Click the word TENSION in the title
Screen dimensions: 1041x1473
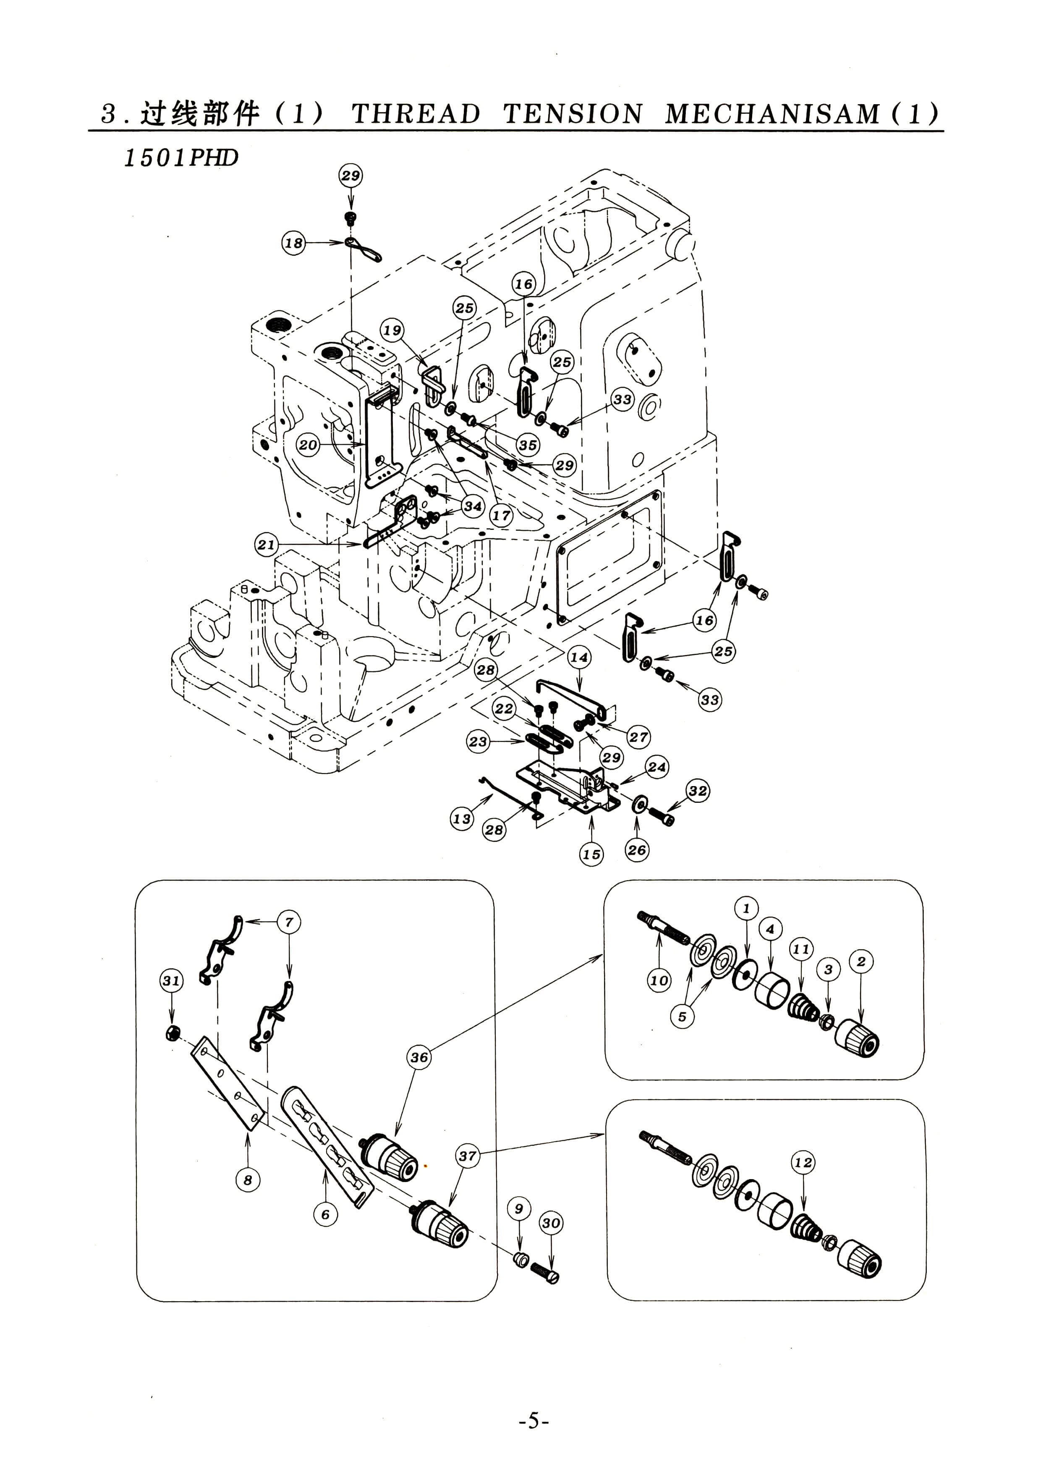pos(573,114)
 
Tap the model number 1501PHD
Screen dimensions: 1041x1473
pos(181,158)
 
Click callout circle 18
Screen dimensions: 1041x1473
pos(294,243)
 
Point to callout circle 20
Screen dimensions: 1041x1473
pos(308,445)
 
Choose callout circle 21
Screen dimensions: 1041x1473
pos(266,545)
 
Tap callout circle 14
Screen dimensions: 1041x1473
pos(579,657)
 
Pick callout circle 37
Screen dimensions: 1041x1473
pos(468,1156)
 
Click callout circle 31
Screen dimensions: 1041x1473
pos(171,980)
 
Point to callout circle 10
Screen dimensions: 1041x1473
pos(659,980)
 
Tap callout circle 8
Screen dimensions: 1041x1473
pos(248,1179)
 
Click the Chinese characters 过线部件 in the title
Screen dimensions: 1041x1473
pos(200,114)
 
